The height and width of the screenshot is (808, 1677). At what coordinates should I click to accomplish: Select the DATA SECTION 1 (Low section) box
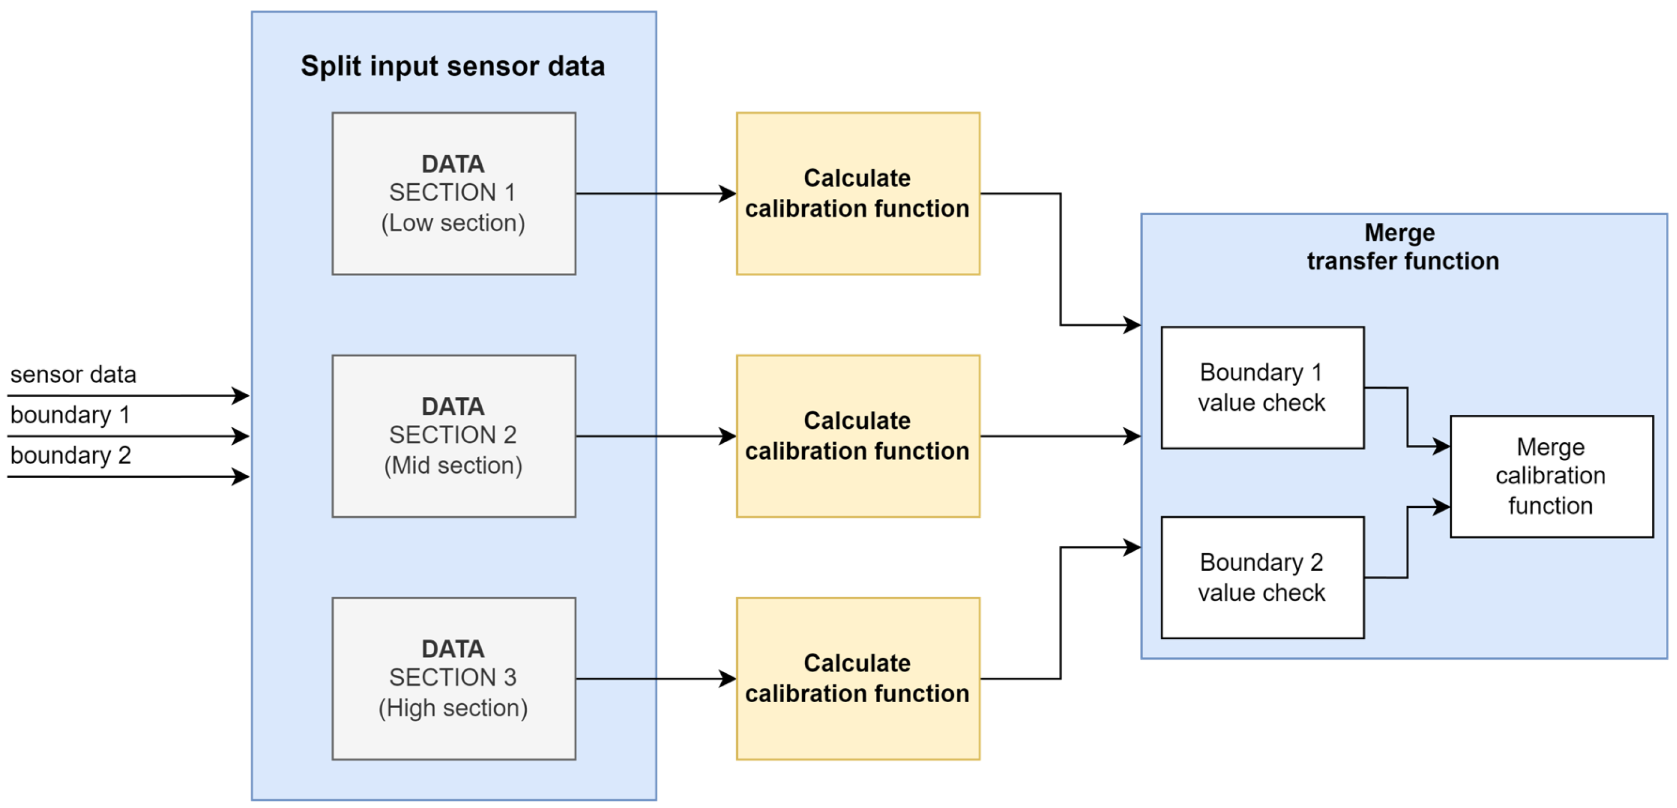(453, 193)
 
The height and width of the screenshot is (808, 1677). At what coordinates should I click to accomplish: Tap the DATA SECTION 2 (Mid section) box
(453, 435)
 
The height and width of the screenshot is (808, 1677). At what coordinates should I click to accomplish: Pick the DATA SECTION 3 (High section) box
(453, 678)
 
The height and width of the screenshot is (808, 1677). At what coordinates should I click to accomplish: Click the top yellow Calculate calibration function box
(857, 193)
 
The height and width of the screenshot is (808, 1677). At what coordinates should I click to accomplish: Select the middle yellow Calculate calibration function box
(857, 435)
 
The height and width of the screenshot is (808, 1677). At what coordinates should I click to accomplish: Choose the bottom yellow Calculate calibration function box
(857, 678)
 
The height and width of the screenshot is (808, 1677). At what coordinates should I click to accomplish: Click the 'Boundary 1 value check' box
(1262, 388)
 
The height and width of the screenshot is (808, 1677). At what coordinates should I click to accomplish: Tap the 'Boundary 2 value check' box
(1262, 577)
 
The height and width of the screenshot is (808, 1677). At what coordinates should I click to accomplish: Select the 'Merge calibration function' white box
(1551, 476)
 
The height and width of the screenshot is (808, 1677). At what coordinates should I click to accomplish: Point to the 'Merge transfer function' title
(1402, 247)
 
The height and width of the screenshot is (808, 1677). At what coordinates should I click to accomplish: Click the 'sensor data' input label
(73, 375)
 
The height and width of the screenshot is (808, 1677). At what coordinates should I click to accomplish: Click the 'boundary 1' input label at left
(70, 415)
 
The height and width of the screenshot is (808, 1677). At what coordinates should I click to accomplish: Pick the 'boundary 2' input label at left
(70, 456)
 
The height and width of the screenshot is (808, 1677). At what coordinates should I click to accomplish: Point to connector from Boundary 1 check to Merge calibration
(1407, 417)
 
